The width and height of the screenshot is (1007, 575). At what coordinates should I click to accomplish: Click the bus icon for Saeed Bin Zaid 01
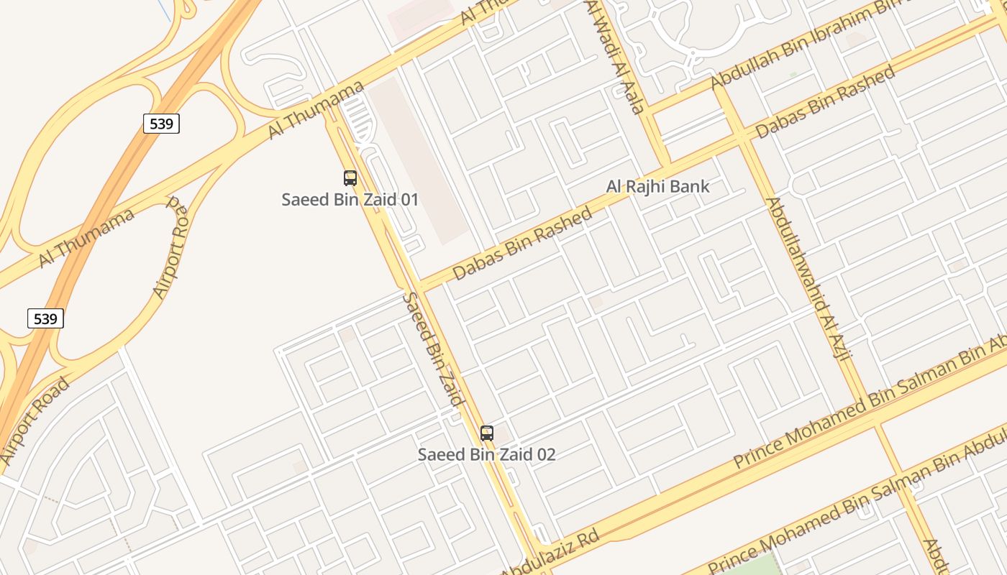(350, 178)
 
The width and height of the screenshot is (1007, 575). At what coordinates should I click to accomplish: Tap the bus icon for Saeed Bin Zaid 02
(487, 433)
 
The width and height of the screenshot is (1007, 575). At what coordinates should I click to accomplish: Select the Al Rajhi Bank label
(657, 187)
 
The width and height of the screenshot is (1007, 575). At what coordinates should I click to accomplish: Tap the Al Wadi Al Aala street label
(614, 57)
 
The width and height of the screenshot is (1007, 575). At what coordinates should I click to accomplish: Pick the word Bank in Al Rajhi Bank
(689, 187)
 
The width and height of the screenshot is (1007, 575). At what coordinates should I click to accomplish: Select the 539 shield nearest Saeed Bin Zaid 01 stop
(161, 124)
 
